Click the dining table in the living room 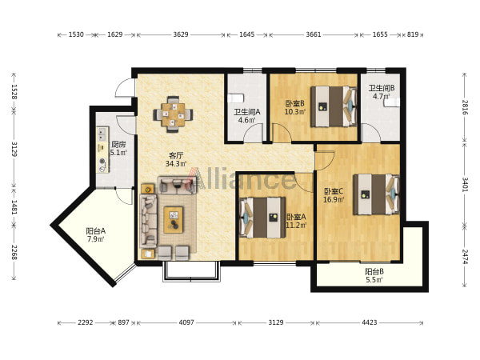point(174,114)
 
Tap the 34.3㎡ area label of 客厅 point(176,164)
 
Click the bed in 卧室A point(262,218)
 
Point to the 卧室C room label point(334,192)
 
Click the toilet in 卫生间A point(235,98)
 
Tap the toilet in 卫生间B point(392,102)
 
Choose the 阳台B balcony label point(374,271)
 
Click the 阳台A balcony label point(96,231)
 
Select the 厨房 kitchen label point(118,144)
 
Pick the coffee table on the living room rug point(174,220)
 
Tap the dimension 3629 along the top point(181,34)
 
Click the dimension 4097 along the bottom point(186,322)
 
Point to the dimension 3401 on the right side point(465,185)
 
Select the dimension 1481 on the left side point(14,207)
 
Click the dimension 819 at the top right point(412,34)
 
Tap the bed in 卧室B point(334,106)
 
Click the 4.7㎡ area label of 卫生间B point(382,96)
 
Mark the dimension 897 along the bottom point(124,322)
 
